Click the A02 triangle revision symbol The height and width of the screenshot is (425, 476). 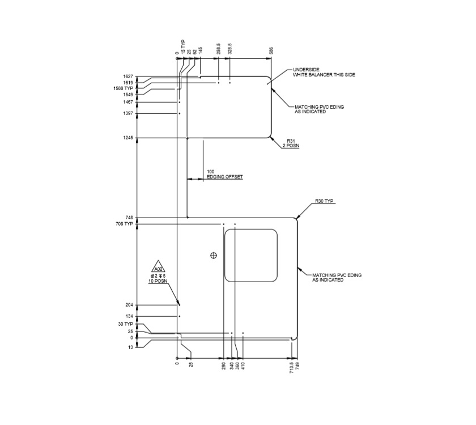pyautogui.click(x=158, y=269)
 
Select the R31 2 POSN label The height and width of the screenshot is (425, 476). pyautogui.click(x=291, y=143)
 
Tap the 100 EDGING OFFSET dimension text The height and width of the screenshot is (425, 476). pyautogui.click(x=224, y=174)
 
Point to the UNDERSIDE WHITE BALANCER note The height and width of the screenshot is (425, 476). pyautogui.click(x=324, y=73)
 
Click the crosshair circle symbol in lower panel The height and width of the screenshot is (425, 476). pyautogui.click(x=214, y=256)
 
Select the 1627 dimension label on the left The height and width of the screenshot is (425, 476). pyautogui.click(x=127, y=76)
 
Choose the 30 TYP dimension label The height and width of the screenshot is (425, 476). pyautogui.click(x=125, y=324)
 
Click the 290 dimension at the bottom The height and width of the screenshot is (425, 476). pyautogui.click(x=224, y=365)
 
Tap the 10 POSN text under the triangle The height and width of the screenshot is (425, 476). pyautogui.click(x=158, y=281)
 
